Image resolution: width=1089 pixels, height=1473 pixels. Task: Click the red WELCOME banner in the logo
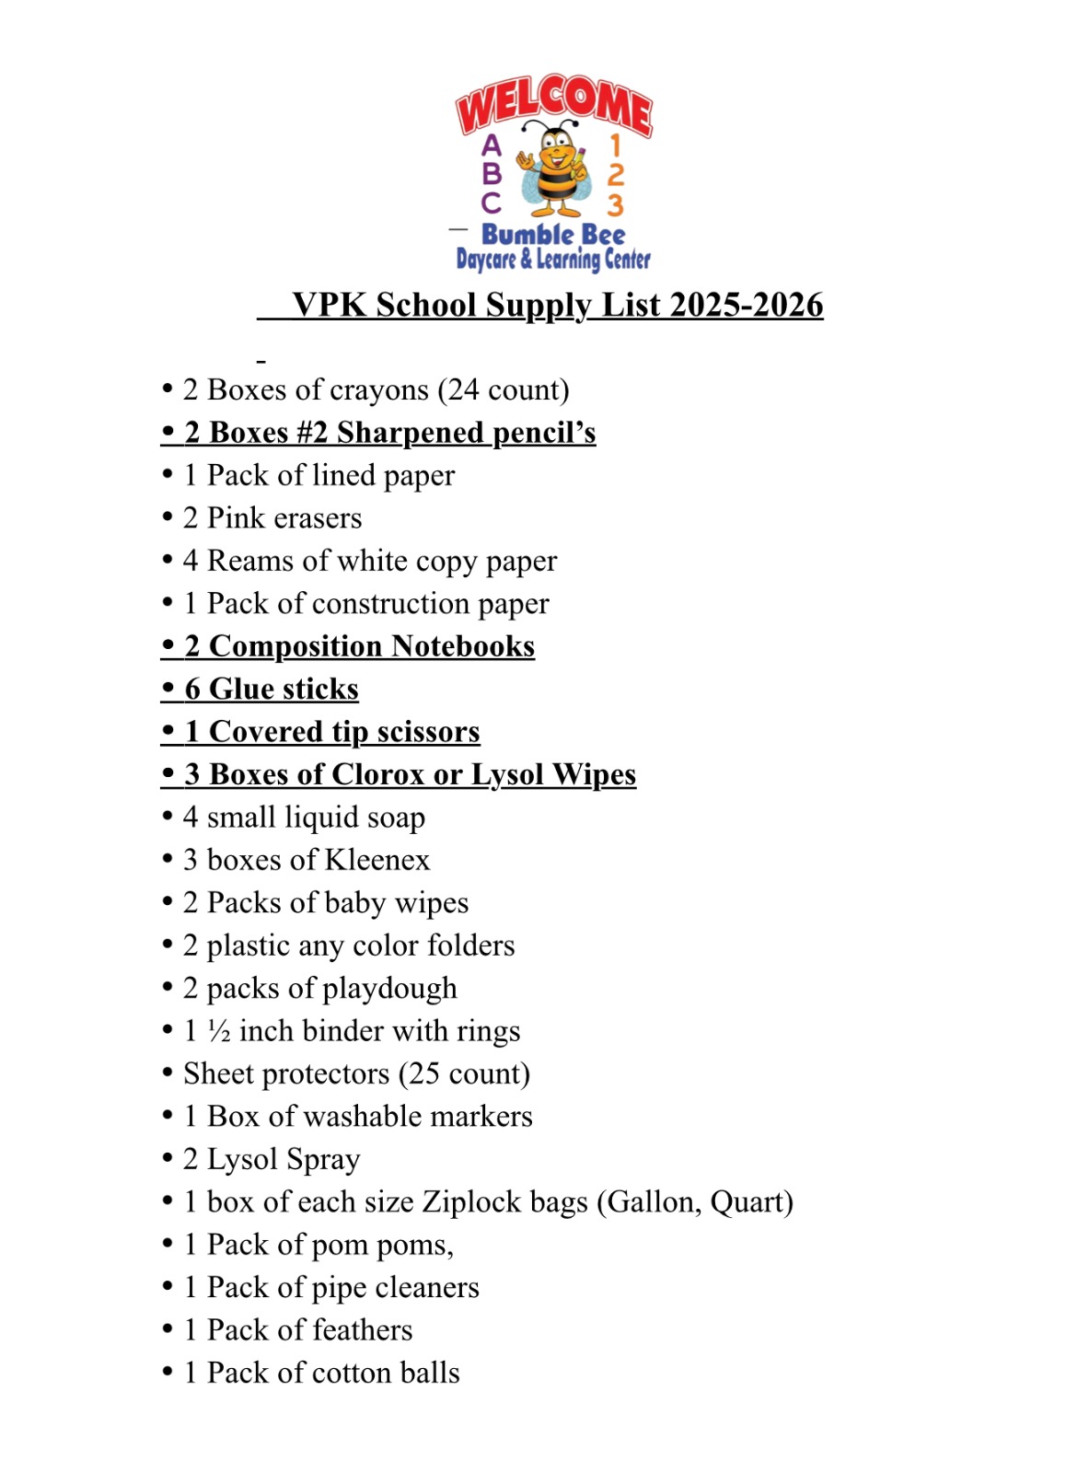553,104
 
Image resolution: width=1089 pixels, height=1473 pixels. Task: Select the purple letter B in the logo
492,173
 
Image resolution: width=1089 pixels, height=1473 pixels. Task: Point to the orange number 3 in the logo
615,203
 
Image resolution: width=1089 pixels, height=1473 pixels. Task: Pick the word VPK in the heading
330,306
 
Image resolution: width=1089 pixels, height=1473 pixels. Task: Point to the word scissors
428,732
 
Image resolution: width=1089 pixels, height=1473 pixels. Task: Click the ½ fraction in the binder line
219,1031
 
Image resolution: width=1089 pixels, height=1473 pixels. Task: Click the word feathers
362,1330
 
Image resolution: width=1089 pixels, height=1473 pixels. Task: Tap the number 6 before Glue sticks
192,689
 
